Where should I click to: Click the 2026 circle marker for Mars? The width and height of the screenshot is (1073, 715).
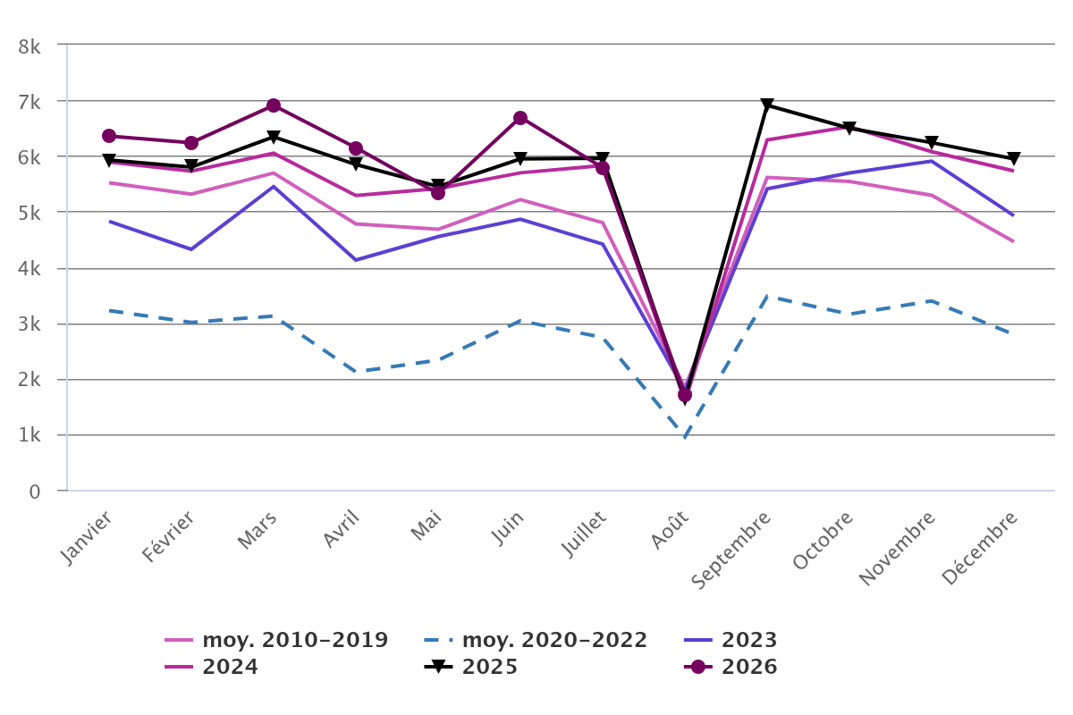274,105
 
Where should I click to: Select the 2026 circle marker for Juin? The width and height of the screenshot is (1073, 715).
520,118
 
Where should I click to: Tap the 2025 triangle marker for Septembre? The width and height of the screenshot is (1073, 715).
767,104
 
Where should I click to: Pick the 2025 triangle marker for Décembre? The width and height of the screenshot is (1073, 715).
1014,157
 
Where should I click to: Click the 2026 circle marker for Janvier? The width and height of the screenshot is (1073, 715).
109,136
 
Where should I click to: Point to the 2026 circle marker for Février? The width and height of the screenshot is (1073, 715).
191,143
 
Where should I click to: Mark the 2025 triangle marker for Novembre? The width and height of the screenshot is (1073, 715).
932,142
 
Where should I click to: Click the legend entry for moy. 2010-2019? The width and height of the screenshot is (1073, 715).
276,640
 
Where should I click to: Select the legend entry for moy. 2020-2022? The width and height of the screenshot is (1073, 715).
536,640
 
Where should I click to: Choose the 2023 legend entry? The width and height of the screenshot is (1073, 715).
731,640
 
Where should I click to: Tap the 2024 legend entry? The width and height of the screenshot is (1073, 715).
211,667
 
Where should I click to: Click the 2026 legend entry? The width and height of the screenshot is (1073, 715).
731,667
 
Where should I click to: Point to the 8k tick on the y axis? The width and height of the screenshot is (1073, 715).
30,47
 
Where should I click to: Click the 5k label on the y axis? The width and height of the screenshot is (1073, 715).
30,214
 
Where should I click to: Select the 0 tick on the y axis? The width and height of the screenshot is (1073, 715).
35,492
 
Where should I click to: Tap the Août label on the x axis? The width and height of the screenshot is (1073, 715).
670,529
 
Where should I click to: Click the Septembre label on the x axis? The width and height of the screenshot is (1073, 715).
731,550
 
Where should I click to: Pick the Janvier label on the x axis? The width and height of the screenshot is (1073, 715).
86,538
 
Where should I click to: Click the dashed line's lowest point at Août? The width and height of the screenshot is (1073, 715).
685,437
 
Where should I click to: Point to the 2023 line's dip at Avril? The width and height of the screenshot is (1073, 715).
356,260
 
